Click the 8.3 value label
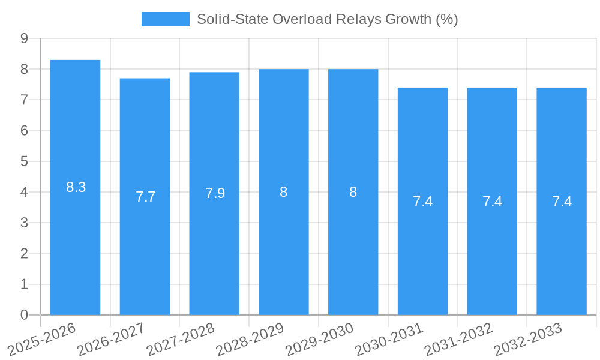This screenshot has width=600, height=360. pos(76,187)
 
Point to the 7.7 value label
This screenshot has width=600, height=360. pos(145,197)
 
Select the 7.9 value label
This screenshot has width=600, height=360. pos(215,193)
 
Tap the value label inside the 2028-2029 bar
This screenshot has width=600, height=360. pos(283,192)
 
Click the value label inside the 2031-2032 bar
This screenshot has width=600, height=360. pos(492,202)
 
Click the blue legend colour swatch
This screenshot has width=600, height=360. pos(165,19)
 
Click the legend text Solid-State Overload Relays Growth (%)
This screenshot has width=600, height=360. pos(327,19)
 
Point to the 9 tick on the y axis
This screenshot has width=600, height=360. pos(24,38)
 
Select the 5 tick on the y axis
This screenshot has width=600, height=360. pos(24,161)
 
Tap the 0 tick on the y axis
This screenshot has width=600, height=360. pos(24,315)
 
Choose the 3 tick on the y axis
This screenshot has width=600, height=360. pos(24,223)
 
